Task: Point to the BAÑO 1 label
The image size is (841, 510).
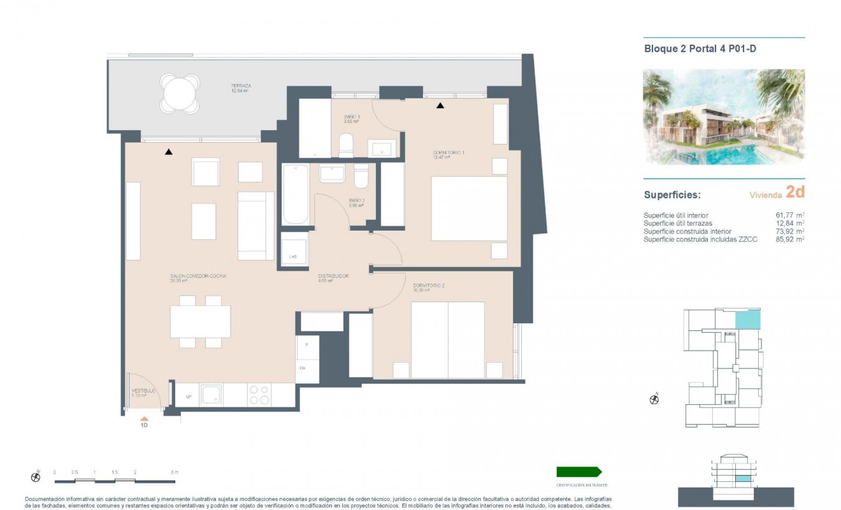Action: coord(350,117)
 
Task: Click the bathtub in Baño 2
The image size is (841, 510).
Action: coord(295,194)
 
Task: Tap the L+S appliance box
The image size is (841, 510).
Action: coord(294,249)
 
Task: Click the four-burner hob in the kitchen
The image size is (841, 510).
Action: coord(258,395)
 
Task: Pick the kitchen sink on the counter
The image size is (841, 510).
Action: coord(210,395)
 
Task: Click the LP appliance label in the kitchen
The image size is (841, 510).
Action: coord(189,397)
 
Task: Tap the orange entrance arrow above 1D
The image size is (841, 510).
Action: coord(145,418)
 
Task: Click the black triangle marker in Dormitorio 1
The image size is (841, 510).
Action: coord(440,106)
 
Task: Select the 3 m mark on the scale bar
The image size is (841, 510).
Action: coord(175,472)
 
